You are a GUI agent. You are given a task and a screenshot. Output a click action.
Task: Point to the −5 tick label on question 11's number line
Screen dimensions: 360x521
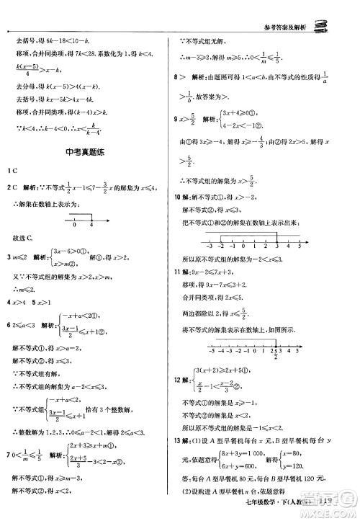(210, 354)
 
